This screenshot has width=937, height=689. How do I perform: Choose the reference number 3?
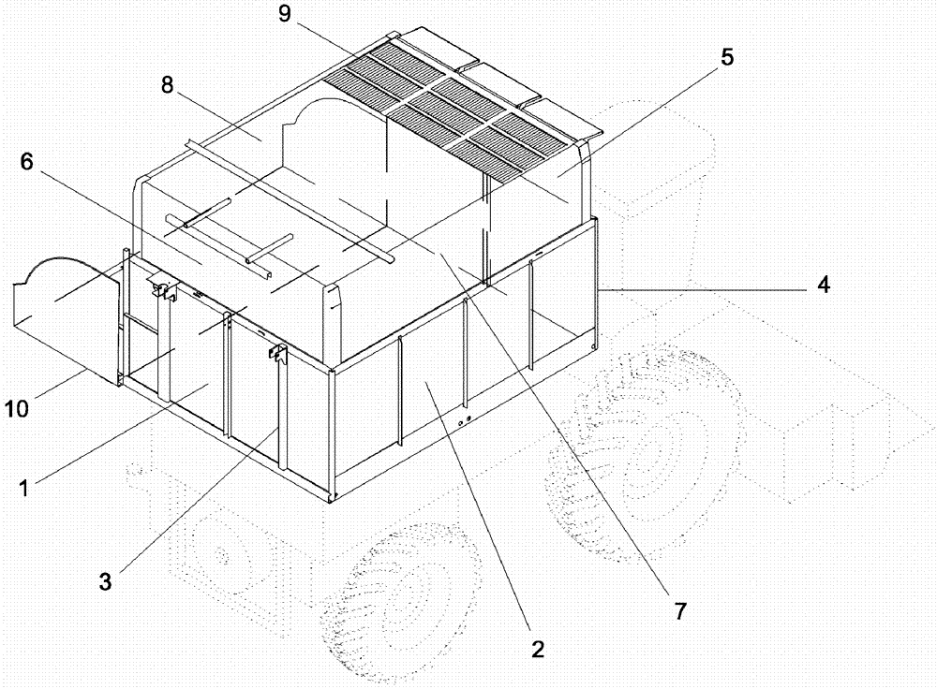[106, 580]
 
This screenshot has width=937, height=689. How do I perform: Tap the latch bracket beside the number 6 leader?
[165, 290]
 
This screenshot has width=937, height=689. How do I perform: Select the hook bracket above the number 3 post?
[277, 354]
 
